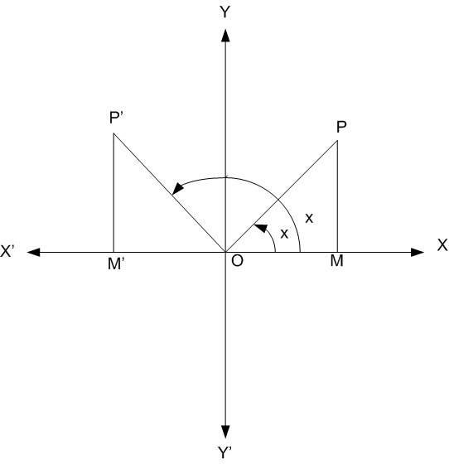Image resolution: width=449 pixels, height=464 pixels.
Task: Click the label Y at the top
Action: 225,12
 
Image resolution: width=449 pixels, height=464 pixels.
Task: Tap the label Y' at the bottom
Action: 224,452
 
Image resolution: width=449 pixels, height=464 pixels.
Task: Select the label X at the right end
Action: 442,245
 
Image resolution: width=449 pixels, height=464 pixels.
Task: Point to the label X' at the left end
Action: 7,251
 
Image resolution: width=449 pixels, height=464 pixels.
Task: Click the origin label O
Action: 237,261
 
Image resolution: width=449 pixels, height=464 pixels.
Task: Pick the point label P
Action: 341,128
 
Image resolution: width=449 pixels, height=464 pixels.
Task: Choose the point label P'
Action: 116,118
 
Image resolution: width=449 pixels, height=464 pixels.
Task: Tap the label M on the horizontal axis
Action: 336,261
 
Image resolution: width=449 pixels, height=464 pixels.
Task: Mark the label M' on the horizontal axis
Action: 116,263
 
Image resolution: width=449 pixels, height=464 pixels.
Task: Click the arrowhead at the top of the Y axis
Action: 225,36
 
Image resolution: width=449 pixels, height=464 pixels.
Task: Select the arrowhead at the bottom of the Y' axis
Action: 225,432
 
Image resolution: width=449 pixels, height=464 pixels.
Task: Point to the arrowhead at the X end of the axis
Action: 418,252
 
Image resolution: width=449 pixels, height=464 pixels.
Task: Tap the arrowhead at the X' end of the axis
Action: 33,252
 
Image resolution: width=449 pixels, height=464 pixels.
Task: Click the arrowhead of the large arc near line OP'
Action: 178,189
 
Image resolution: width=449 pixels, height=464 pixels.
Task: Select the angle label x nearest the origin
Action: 284,234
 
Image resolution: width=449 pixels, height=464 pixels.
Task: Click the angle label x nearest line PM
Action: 309,219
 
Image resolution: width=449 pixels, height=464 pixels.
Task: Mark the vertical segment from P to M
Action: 337,196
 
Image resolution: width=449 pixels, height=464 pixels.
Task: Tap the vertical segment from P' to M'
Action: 113,192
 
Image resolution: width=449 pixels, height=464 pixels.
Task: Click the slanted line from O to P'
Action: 170,192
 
